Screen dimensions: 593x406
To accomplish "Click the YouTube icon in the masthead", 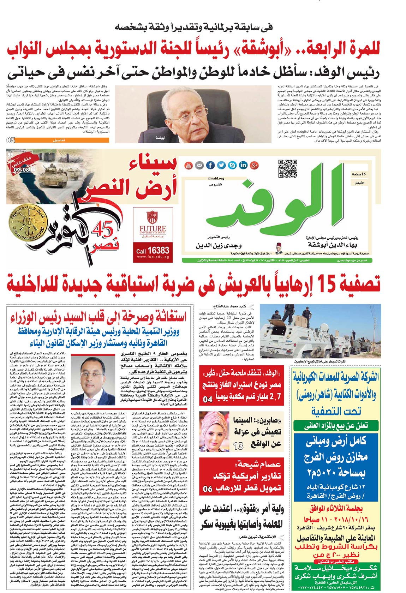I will (189, 165).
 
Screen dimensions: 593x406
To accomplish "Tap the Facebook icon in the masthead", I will (210, 165).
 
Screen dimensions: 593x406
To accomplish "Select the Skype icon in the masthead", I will (232, 165).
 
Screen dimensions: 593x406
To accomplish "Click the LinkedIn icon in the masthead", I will (243, 165).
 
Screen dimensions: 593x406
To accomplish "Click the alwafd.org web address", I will (216, 179).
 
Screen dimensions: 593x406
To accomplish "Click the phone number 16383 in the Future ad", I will (158, 250).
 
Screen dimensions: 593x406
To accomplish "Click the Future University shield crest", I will (152, 217).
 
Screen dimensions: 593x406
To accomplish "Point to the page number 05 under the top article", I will (11, 140).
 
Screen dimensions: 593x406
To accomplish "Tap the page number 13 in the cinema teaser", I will (239, 446).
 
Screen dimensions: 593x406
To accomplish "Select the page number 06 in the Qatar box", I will (208, 489).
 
